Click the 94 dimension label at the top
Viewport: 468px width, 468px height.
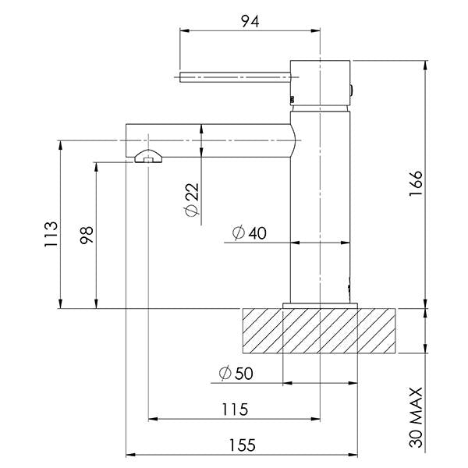coord(250,21)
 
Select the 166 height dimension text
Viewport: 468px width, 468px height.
coord(416,183)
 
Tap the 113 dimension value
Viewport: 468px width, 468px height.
coord(51,234)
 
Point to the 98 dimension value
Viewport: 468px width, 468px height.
coord(87,236)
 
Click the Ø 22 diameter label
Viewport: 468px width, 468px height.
coord(191,199)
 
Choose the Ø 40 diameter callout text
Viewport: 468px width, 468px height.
coord(250,232)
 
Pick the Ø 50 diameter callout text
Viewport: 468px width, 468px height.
coord(236,373)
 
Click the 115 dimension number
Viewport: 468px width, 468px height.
coord(235,409)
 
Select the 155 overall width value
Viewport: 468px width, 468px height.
coord(242,445)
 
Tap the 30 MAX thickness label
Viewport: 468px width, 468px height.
coord(416,417)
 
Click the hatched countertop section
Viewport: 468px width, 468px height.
coord(319,331)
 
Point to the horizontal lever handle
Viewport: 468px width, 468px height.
coord(235,77)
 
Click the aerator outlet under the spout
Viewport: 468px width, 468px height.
coord(148,157)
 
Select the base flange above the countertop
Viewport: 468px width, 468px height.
coord(320,306)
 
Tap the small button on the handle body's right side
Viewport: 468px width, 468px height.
coord(352,90)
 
